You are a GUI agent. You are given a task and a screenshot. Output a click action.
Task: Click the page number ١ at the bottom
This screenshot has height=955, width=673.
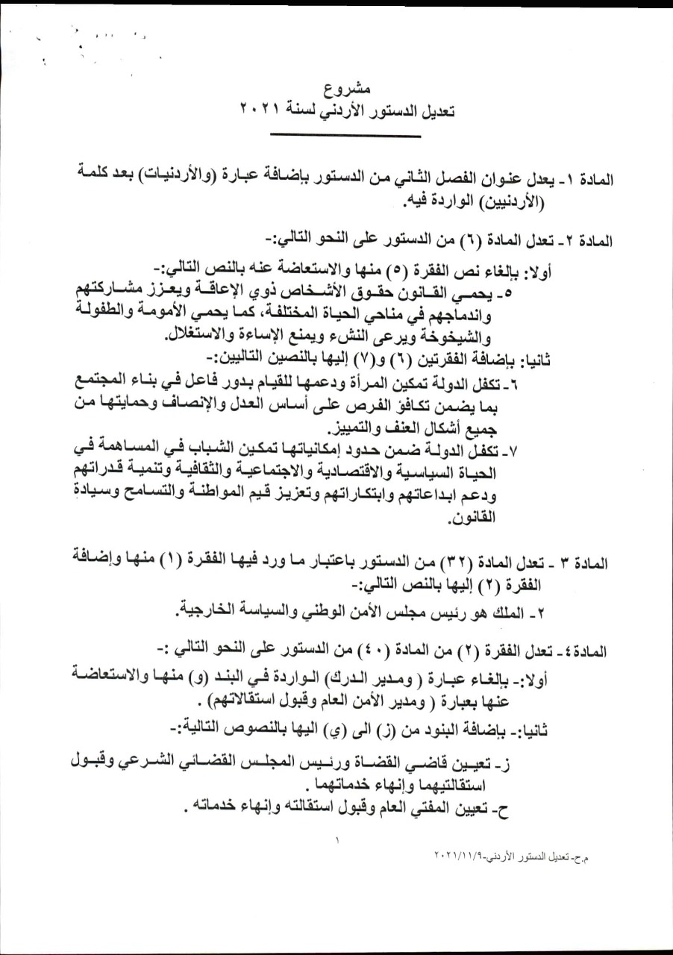pos(337,840)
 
